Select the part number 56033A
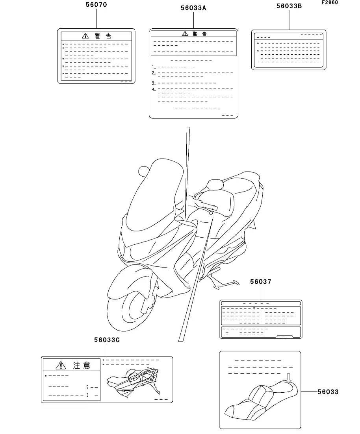[x=194, y=8]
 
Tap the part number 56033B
[x=289, y=6]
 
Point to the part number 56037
[x=260, y=282]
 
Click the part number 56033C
[x=106, y=340]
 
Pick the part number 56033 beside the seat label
[x=328, y=392]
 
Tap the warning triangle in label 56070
[x=85, y=36]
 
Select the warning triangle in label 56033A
[x=185, y=34]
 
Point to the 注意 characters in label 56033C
[x=82, y=366]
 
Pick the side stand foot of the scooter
[x=236, y=282]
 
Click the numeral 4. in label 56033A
[x=154, y=90]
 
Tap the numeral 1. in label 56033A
[x=154, y=67]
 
